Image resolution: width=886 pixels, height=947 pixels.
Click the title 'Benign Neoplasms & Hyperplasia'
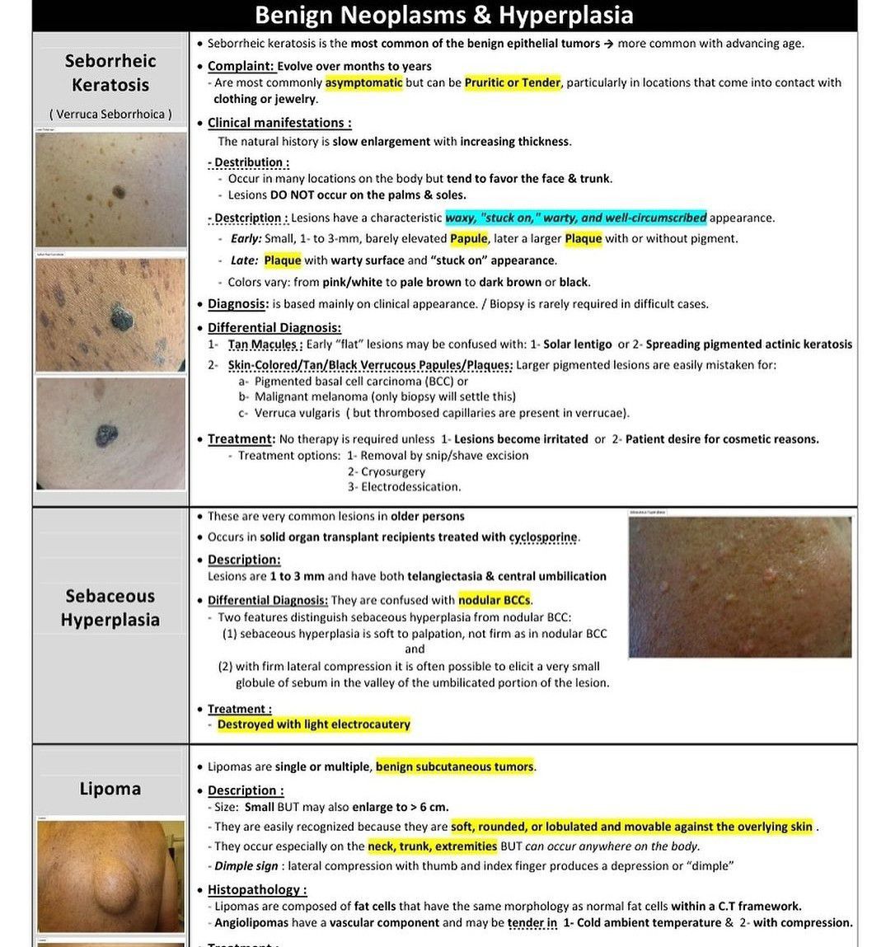point(443,16)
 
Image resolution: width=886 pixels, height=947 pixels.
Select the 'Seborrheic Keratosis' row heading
point(110,73)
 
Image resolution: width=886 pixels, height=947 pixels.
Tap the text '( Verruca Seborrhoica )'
point(110,115)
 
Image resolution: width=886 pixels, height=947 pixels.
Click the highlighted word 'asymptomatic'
point(363,82)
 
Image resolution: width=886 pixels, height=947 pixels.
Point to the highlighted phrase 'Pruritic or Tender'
point(512,82)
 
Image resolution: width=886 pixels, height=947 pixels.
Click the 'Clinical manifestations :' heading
point(279,123)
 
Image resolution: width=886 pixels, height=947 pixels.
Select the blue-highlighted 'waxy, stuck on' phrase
point(575,218)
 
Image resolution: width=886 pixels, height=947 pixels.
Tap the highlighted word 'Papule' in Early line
point(468,239)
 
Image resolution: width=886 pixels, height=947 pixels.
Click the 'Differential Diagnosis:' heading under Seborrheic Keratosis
point(274,327)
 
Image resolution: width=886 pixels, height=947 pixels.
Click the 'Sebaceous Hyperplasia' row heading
point(110,607)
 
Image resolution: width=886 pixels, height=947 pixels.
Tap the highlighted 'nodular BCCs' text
point(495,600)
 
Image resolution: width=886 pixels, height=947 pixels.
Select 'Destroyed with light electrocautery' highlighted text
point(313,724)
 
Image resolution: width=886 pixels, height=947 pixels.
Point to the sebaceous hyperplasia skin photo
point(739,587)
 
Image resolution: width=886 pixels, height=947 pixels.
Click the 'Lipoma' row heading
point(110,789)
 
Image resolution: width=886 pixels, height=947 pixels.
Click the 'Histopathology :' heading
point(256,890)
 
